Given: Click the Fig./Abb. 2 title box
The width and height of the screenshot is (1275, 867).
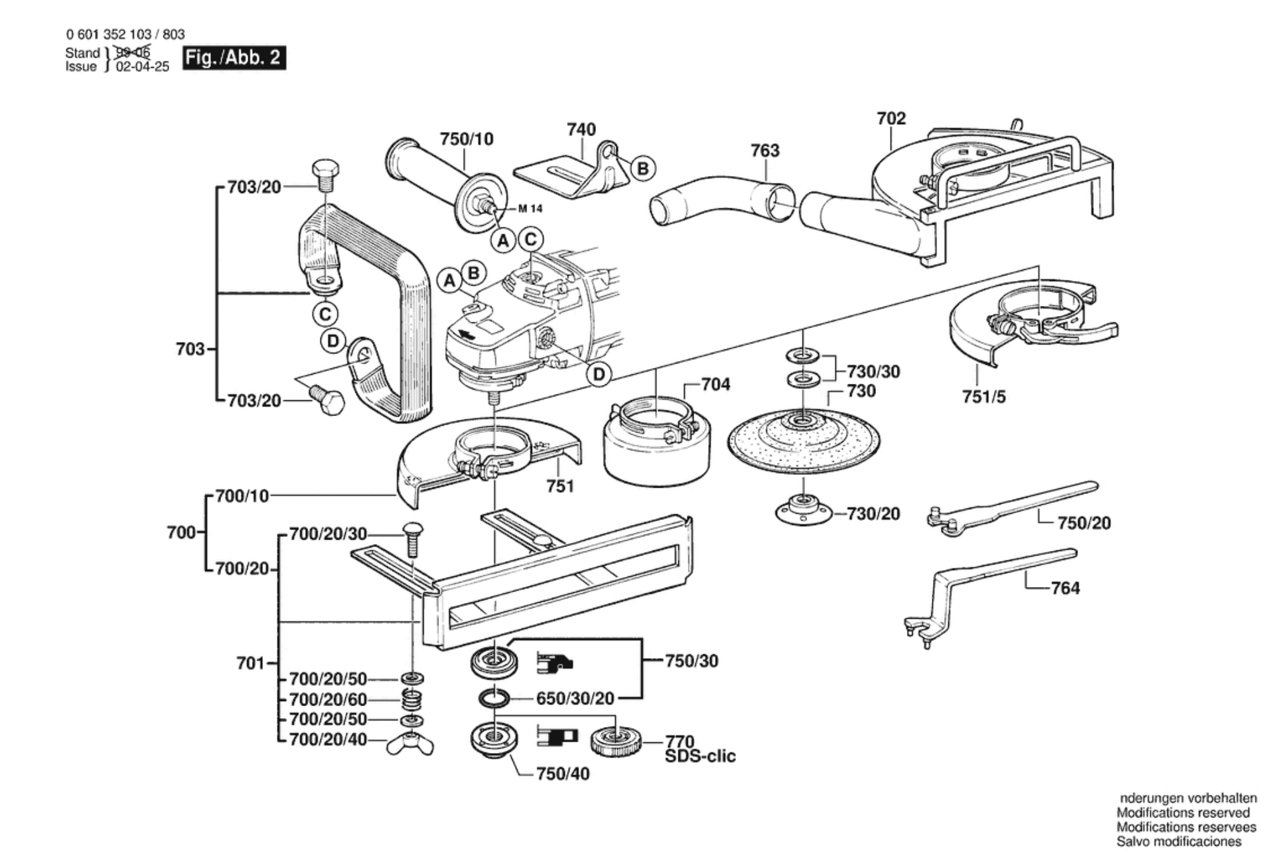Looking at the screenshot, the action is coord(234,58).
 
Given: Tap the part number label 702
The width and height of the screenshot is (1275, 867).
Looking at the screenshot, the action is coord(891,118).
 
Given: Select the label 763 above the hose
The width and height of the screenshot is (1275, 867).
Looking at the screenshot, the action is coord(765,151).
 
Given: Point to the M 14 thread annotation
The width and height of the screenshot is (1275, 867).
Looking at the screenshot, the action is coord(530,208).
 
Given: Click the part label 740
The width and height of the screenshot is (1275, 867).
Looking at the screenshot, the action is coord(581,129).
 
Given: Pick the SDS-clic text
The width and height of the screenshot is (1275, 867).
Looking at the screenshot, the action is coord(700,756).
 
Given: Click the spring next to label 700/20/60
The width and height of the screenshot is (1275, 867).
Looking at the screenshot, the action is coord(413,699).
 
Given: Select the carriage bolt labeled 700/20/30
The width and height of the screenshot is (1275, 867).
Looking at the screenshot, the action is coord(412,540).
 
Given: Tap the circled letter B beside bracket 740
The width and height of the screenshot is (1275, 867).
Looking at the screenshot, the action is coord(643,169).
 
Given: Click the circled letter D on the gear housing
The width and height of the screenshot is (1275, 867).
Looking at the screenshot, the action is coord(599,374).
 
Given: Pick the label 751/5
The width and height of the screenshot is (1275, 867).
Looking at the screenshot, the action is coord(984,397).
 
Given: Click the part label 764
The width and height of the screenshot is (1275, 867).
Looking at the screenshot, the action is coord(1065,588).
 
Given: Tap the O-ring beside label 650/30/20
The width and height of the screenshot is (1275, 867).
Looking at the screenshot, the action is coord(494,698).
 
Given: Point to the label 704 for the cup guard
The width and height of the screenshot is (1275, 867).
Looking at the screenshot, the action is coord(716,384).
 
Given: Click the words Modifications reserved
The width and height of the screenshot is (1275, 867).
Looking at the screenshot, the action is coord(1183,813).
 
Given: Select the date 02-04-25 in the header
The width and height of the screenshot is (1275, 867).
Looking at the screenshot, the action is coord(143,66).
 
